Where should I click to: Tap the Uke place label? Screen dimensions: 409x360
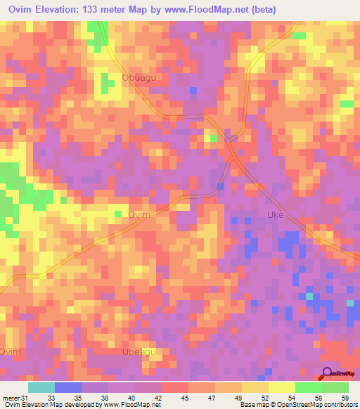(275, 215)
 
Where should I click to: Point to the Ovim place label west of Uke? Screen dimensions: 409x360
(140, 216)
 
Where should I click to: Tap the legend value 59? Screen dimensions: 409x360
(344, 398)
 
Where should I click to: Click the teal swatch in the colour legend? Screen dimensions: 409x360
(41, 387)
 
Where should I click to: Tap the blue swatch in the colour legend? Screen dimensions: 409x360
(68, 387)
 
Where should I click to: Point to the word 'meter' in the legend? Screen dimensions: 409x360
(10, 398)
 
